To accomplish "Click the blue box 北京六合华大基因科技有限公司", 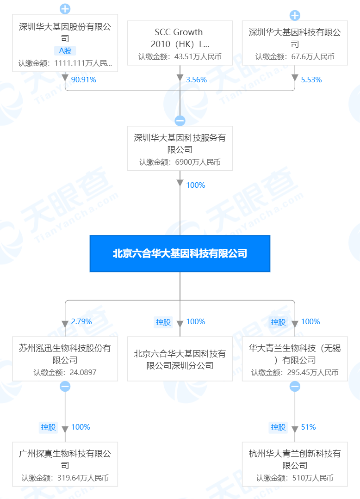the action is tap(180, 253).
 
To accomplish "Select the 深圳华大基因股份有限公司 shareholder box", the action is tap(65, 43).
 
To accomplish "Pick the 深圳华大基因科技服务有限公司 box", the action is tap(180, 148).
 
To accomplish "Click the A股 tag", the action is tap(65, 51).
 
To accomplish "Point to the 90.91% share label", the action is tap(84, 80).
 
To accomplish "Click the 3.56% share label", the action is tap(197, 80).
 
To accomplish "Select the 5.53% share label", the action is tap(311, 80).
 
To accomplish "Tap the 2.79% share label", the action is tap(82, 322).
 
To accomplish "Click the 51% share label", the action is tap(309, 427).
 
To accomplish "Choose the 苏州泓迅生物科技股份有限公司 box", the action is tap(65, 359).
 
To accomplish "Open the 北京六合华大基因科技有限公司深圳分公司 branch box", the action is tap(180, 359).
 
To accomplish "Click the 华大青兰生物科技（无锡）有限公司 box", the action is tap(295, 359).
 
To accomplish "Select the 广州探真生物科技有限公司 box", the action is tap(65, 464).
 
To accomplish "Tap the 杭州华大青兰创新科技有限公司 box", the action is tap(295, 464).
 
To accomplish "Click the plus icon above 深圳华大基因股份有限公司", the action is tap(65, 8).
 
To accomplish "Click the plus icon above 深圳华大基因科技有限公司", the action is tap(295, 16).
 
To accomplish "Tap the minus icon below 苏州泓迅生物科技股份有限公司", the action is tap(65, 387).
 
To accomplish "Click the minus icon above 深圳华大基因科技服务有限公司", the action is tap(180, 121).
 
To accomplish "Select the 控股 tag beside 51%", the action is tap(279, 427).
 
